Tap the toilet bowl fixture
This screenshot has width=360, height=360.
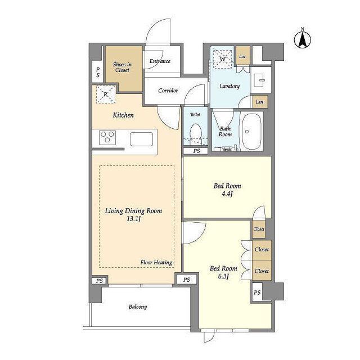pyautogui.click(x=196, y=134)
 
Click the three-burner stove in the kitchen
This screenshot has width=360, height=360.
pyautogui.click(x=107, y=137)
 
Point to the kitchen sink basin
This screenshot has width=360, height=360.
pyautogui.click(x=141, y=139)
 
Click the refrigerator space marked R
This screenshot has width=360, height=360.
pyautogui.click(x=105, y=94)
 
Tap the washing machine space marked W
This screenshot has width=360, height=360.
pyautogui.click(x=223, y=59)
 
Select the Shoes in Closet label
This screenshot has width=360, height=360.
pyautogui.click(x=122, y=67)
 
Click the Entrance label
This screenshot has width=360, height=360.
pyautogui.click(x=160, y=61)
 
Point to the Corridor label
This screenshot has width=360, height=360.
pyautogui.click(x=168, y=91)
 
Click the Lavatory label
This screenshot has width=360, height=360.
pyautogui.click(x=229, y=86)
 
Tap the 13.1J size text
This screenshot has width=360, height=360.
pyautogui.click(x=134, y=219)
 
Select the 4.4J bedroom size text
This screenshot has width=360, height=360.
pyautogui.click(x=227, y=194)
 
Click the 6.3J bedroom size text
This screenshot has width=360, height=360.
pyautogui.click(x=223, y=276)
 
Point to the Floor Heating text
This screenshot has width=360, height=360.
pyautogui.click(x=156, y=263)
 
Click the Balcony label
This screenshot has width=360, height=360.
pyautogui.click(x=138, y=307)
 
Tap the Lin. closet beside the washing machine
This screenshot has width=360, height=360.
pyautogui.click(x=243, y=56)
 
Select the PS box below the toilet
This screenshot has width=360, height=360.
pyautogui.click(x=196, y=151)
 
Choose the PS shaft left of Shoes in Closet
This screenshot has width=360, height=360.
pyautogui.click(x=97, y=72)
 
